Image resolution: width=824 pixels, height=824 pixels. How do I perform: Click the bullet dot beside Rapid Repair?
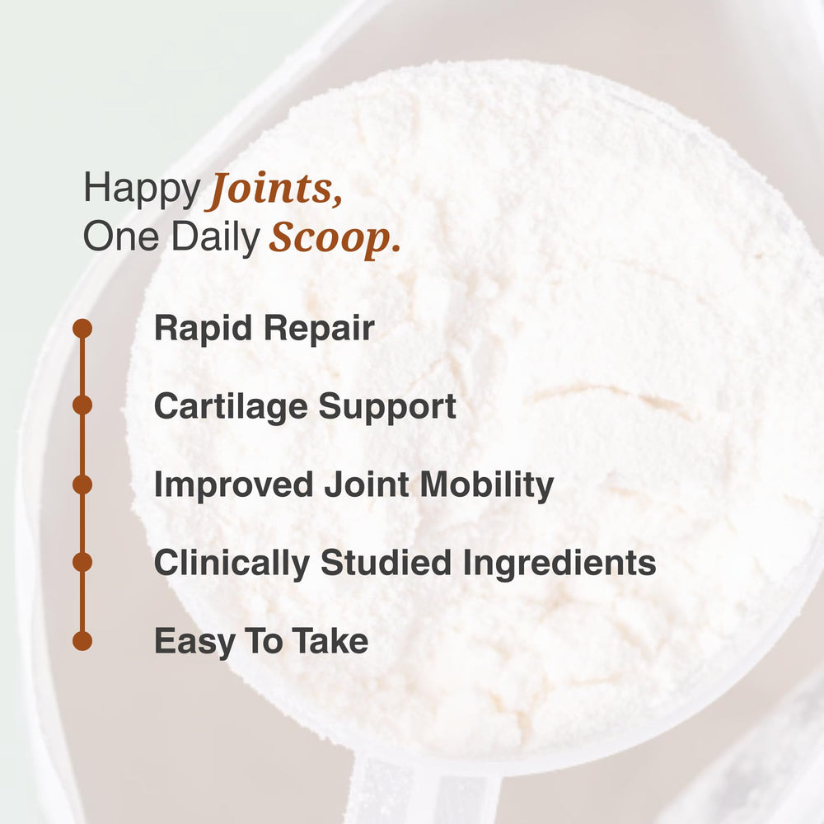(82, 329)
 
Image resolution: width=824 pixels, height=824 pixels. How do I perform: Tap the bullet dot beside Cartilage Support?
(82, 405)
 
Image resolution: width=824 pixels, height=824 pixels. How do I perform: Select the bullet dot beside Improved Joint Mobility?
(82, 485)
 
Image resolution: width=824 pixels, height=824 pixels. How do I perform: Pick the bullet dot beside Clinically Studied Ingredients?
(82, 562)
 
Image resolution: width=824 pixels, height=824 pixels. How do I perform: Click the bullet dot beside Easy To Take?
(82, 640)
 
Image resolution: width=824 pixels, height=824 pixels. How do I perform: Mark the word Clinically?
(232, 564)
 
